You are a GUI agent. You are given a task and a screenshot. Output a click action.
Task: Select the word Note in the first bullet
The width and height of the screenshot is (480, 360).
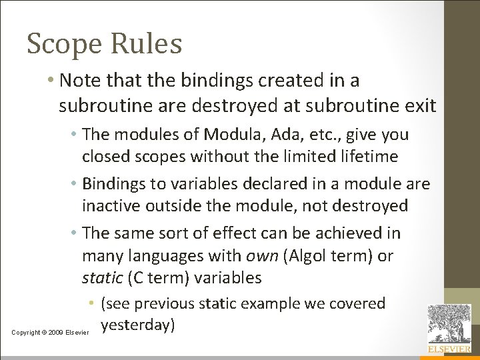click(x=79, y=81)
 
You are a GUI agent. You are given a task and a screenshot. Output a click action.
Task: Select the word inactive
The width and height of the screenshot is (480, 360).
click(x=109, y=205)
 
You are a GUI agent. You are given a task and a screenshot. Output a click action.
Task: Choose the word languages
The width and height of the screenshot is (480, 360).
click(x=163, y=255)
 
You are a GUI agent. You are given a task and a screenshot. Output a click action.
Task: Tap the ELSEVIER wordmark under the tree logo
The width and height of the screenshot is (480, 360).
click(x=449, y=349)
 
